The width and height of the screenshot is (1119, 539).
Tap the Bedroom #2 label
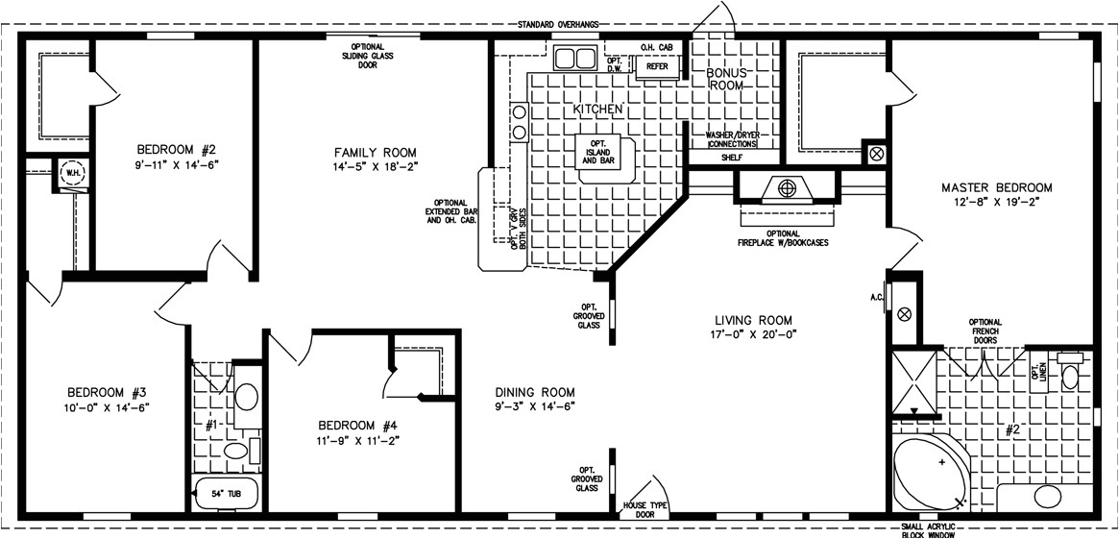coord(176,149)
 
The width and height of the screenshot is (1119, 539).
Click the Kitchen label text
coord(598,110)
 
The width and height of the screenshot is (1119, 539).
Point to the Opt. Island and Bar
coord(602,155)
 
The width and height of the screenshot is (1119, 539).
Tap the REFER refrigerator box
coord(657,67)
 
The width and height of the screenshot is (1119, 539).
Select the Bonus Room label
coord(727,79)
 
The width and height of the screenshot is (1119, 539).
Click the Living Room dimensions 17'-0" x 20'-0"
coord(753,333)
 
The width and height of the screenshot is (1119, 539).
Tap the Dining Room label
coord(535,391)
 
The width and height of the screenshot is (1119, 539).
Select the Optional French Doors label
coord(985,331)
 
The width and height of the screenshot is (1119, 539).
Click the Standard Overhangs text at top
coord(558,24)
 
